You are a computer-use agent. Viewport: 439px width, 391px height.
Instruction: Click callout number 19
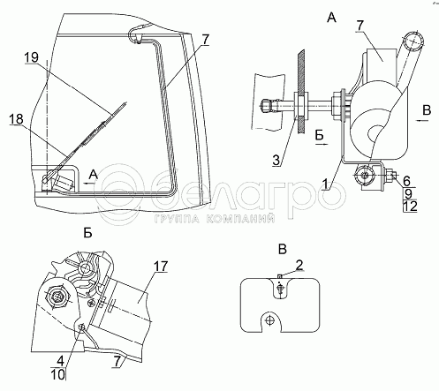(32, 57)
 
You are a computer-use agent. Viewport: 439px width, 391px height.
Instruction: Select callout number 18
(16, 119)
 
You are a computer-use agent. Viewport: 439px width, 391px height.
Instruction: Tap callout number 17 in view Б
(161, 267)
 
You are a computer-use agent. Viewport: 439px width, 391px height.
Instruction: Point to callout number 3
(276, 160)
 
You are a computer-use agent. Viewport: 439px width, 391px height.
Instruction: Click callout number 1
(325, 184)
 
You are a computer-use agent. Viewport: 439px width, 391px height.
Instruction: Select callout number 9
(408, 194)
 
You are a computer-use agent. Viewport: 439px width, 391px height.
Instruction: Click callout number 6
(406, 180)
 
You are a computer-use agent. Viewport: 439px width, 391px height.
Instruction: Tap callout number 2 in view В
(299, 265)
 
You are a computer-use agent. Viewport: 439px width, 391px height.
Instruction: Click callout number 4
(60, 361)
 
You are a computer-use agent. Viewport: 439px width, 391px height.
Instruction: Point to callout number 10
(58, 374)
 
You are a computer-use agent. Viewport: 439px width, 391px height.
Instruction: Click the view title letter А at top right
(331, 19)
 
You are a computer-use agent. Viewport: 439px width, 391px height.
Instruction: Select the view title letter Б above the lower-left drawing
(87, 233)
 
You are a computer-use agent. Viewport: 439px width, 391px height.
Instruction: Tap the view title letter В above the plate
(283, 250)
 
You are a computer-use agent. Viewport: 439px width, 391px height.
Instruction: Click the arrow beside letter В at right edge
(423, 120)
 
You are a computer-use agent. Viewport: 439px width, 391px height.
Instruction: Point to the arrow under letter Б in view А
(322, 144)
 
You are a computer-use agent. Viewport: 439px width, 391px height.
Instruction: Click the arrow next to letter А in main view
(89, 183)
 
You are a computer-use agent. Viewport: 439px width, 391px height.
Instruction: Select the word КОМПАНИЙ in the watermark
(240, 219)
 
